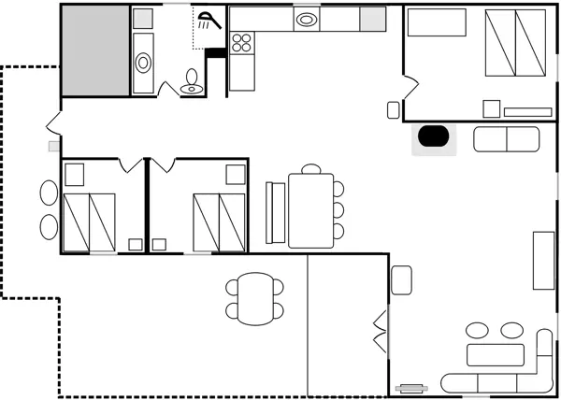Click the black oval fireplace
point(433,136)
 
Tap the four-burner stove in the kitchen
point(241,41)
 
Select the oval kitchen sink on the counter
point(306,19)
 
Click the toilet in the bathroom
point(192,82)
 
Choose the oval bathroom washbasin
point(144,63)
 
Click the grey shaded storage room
point(94,50)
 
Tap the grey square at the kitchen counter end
point(373,19)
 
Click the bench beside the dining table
point(276,211)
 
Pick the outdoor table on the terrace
point(254,299)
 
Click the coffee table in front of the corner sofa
point(496,355)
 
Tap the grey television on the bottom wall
point(411,387)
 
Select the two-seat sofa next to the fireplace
point(507,139)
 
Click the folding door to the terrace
point(380,332)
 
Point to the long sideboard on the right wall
point(544,260)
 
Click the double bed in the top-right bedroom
point(516,45)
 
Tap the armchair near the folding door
point(401,279)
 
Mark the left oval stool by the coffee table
point(478,331)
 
